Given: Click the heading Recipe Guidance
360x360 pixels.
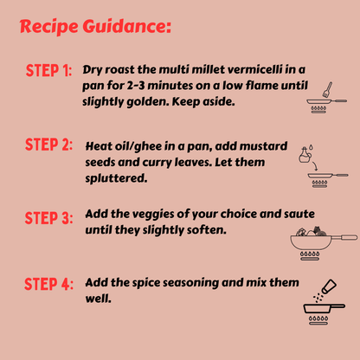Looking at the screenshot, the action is click(95, 27).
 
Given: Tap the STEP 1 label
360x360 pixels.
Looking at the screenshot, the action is click(48, 70).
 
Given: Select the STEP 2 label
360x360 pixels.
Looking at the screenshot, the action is click(48, 145).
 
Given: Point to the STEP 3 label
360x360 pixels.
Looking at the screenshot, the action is click(48, 218).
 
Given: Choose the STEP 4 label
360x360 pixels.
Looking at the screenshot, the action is click(48, 284).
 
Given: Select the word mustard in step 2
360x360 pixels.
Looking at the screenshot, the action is click(263, 146).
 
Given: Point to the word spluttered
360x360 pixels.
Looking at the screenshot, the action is click(116, 178).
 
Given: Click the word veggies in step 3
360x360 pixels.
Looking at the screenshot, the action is click(151, 215).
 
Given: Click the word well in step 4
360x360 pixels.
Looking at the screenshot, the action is click(99, 299).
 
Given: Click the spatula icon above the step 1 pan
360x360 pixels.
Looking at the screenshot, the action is click(327, 89).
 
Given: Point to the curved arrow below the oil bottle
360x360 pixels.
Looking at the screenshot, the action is click(314, 166).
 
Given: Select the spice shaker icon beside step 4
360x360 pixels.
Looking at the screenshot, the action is click(329, 286).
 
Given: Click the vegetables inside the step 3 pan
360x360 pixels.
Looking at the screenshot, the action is click(311, 231).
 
